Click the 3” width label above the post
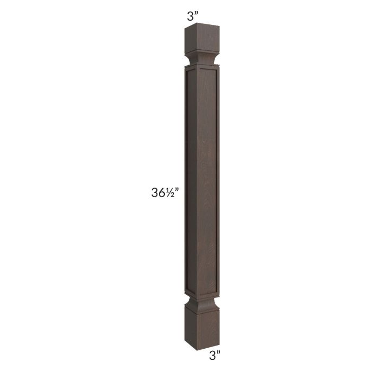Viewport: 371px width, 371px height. coord(192,16)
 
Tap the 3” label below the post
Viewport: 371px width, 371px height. coord(215,356)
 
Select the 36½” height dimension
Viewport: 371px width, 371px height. coord(165,192)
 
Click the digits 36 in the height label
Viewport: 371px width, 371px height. coord(159,192)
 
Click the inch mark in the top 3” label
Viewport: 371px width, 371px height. coord(196,14)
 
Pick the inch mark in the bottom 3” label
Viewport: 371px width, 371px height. coord(218,353)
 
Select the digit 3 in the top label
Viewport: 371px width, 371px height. coord(190,16)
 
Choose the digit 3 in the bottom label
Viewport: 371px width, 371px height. coord(212,356)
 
